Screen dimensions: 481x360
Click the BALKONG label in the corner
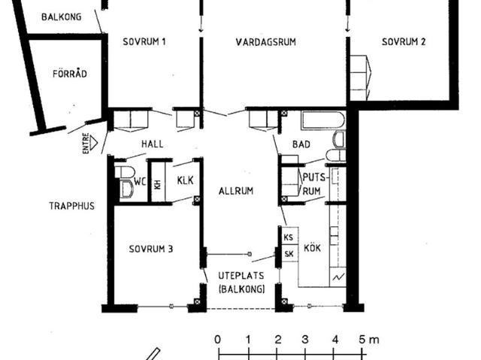(x=62, y=17)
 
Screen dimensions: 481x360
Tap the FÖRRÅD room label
(x=70, y=74)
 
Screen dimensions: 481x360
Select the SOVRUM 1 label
(x=144, y=41)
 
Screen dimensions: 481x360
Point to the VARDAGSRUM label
(x=265, y=42)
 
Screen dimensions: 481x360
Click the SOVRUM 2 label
(x=404, y=41)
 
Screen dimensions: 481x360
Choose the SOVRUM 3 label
(x=151, y=249)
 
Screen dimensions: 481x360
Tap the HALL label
(x=152, y=144)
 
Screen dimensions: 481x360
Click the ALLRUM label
(x=236, y=191)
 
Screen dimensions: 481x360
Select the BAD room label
(x=301, y=144)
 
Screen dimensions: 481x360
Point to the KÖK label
(x=313, y=247)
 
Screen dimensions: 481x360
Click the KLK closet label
(x=186, y=180)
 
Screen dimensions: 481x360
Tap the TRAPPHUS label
(x=72, y=206)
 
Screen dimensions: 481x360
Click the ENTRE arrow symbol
(x=93, y=143)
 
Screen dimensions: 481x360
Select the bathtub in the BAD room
(x=323, y=120)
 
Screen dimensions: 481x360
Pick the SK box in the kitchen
(x=289, y=253)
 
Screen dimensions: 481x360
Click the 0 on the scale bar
(x=217, y=340)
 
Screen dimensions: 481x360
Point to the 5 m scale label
(x=369, y=340)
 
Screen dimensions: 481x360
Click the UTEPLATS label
(x=241, y=276)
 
